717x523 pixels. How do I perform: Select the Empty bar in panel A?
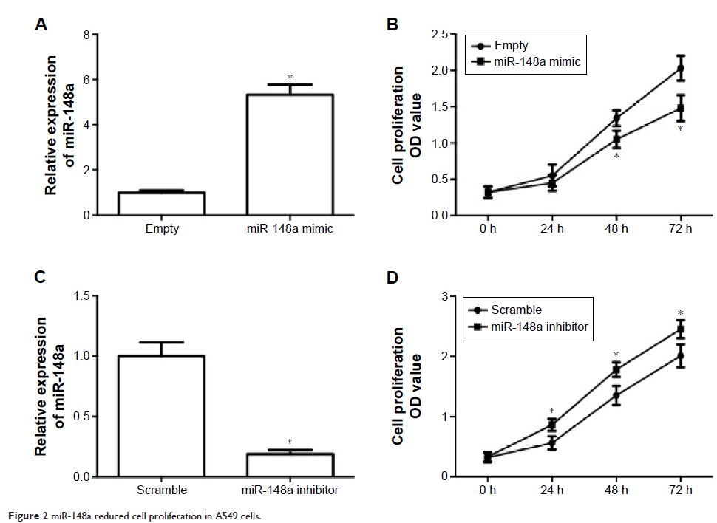click(x=163, y=203)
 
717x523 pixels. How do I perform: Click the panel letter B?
click(x=393, y=25)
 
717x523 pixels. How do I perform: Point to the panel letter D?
click(x=393, y=278)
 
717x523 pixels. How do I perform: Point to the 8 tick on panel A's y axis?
click(x=86, y=35)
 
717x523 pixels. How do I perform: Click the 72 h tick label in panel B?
click(x=680, y=229)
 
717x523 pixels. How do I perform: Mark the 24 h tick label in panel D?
click(x=551, y=490)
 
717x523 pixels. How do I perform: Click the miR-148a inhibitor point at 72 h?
click(x=680, y=329)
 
